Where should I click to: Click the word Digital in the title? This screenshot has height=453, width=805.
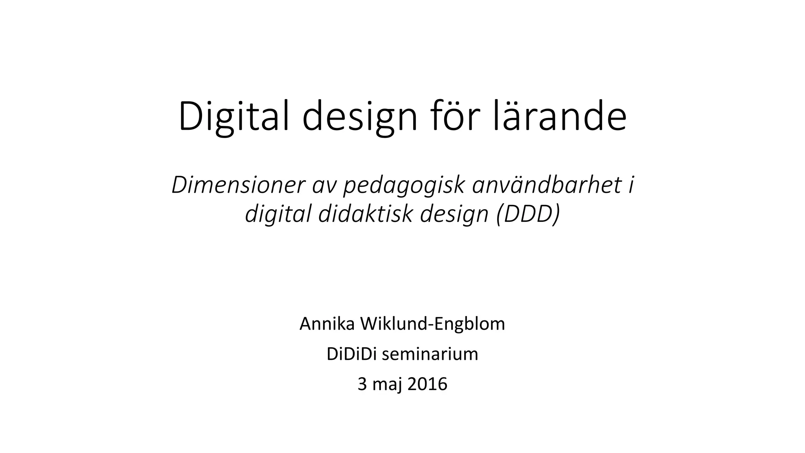pyautogui.click(x=234, y=117)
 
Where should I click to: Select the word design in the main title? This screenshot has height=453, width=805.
pyautogui.click(x=359, y=117)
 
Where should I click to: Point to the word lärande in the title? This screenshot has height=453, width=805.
pyautogui.click(x=559, y=117)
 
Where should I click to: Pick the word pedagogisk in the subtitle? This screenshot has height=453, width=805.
pyautogui.click(x=404, y=186)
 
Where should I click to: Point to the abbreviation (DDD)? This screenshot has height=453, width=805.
pyautogui.click(x=528, y=214)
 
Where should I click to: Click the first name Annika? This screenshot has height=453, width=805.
pyautogui.click(x=327, y=324)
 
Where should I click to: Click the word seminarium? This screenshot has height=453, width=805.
pyautogui.click(x=430, y=354)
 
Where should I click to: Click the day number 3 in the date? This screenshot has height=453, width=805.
pyautogui.click(x=362, y=384)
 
